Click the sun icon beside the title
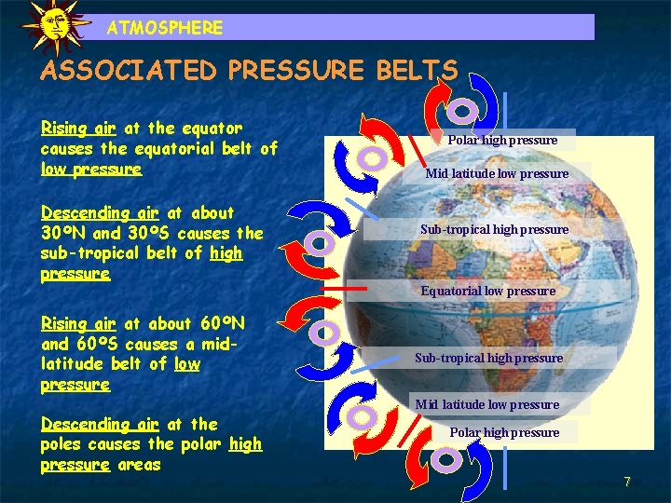(x=55, y=25)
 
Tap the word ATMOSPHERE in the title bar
(x=165, y=28)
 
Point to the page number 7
(x=627, y=482)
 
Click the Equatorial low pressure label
(x=487, y=291)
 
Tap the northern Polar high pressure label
(x=502, y=140)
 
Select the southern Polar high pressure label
(x=504, y=432)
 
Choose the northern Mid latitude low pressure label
(x=497, y=173)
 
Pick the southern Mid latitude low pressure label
(x=487, y=404)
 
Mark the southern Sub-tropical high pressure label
(x=488, y=358)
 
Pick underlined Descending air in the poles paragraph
(x=103, y=424)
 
